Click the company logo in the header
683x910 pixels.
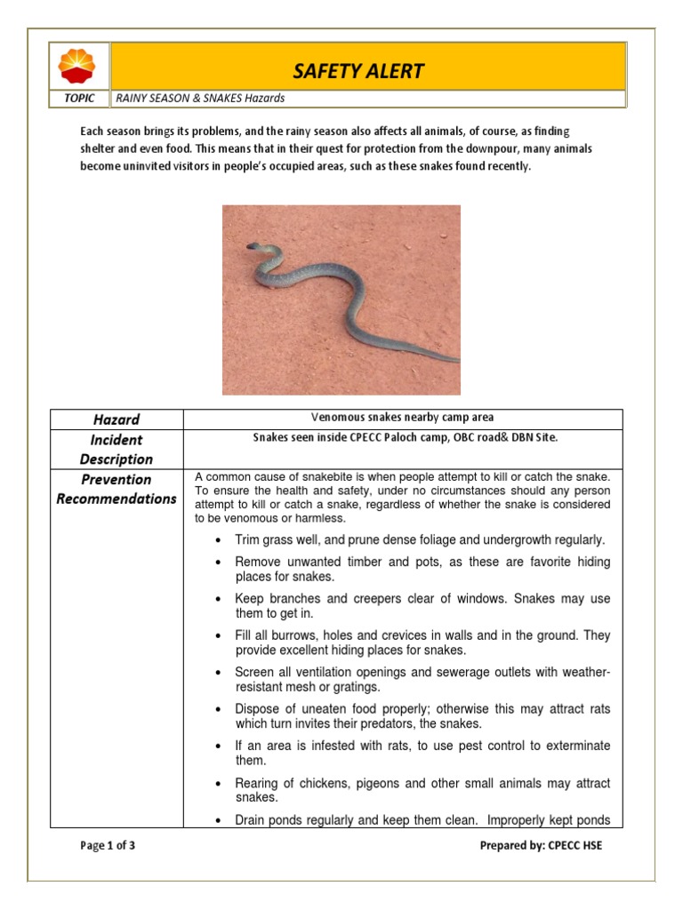point(80,68)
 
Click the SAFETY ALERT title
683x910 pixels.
point(359,71)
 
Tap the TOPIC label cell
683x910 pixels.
point(79,99)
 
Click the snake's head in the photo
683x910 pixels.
point(253,246)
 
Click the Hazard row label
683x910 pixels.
point(117,419)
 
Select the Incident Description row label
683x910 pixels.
point(117,450)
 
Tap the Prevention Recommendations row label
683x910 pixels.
point(117,489)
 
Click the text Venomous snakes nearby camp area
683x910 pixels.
point(402,418)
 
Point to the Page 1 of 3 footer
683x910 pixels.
point(108,846)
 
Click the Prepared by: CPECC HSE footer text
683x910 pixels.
point(540,846)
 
